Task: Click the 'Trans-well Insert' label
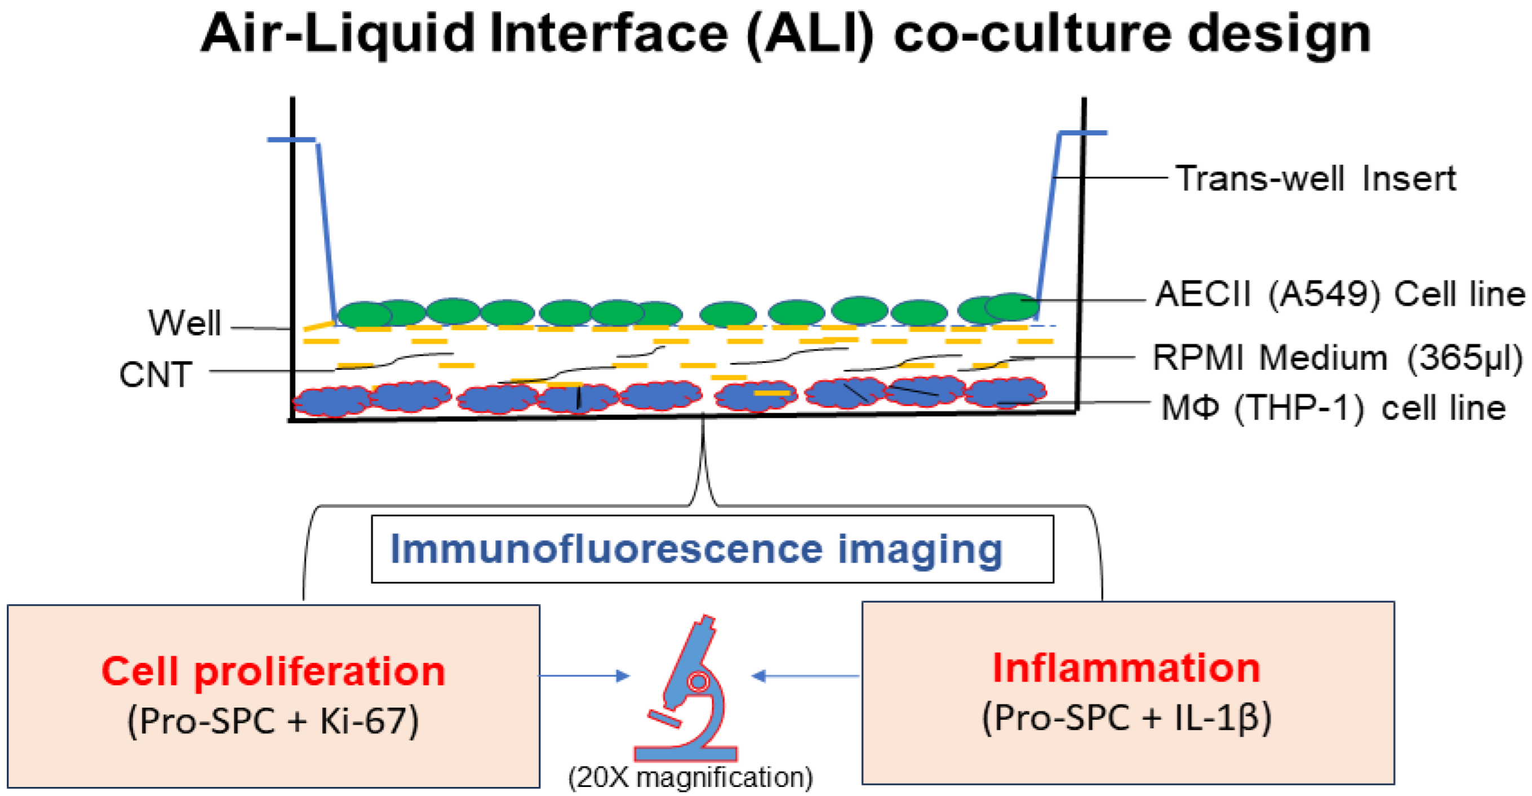pos(1316,179)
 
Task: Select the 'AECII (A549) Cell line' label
pos(1339,294)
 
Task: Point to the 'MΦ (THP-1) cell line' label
pos(1333,409)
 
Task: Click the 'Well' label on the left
pos(184,323)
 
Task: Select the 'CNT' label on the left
pos(156,375)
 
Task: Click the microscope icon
pos(690,690)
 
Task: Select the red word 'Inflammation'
pos(1126,667)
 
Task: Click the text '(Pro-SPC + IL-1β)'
pos(1126,718)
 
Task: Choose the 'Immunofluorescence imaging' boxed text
pos(696,549)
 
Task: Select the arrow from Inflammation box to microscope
pos(805,676)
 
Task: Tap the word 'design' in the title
pos(1278,34)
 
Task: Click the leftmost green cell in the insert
pos(365,314)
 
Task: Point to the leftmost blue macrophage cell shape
pos(332,400)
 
